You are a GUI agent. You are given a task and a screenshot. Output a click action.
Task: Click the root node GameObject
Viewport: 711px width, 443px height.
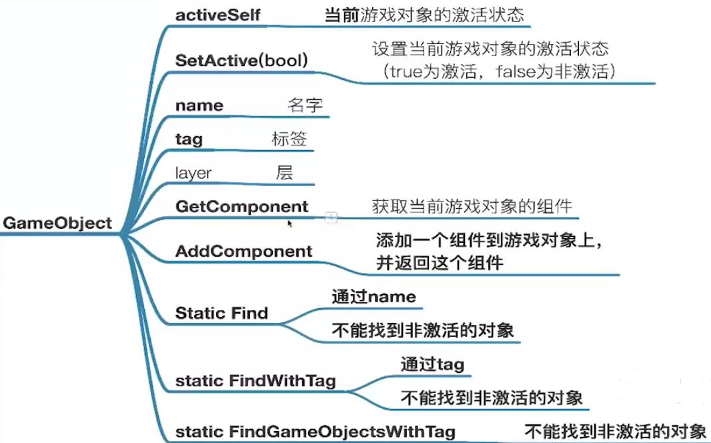pos(57,224)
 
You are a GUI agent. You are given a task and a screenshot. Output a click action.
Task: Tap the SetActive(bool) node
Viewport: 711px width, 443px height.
pos(241,60)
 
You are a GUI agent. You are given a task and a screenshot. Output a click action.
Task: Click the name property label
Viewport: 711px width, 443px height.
pos(199,106)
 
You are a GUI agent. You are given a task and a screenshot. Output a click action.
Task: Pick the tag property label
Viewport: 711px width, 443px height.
pos(189,139)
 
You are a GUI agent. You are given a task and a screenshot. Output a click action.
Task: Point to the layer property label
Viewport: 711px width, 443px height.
pos(193,173)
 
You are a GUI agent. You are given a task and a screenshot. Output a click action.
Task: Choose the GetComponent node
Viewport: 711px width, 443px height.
pos(241,207)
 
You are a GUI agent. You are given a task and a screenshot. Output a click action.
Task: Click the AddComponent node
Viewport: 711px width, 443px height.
pos(243,252)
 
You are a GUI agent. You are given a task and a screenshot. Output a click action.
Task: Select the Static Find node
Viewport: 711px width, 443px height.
pos(221,313)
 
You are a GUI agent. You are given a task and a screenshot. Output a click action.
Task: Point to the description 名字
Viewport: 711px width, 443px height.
pos(305,105)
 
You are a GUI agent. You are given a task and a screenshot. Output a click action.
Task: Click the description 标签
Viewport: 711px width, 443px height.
pos(289,139)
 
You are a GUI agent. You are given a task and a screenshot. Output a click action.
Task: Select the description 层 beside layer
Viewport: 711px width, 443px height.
pos(284,172)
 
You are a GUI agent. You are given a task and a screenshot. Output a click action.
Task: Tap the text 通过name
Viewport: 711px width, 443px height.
pos(374,296)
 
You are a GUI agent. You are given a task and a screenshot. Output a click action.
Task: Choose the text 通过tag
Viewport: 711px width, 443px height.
pos(432,364)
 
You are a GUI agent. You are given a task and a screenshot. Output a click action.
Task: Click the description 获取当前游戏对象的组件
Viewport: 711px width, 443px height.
pos(472,206)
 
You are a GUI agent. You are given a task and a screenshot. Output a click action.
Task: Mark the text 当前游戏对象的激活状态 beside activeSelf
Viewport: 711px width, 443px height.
pos(424,15)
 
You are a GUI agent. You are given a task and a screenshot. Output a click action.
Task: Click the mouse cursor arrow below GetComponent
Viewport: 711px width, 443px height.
pos(290,224)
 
